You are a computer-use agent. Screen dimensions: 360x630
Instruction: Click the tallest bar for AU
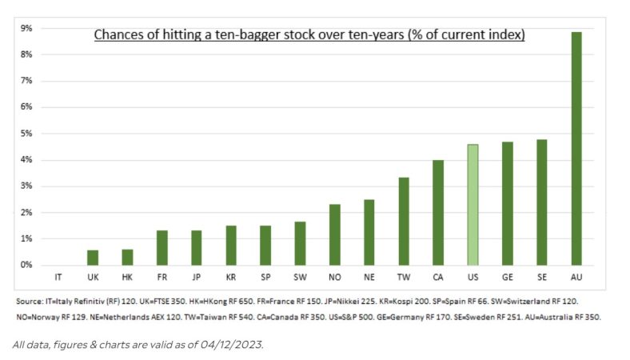576,148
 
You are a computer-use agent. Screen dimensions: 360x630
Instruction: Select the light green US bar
472,205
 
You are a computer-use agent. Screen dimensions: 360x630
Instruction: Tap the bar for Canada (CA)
438,213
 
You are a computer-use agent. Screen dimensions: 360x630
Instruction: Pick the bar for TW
404,222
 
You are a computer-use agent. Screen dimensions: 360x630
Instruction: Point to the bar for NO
335,234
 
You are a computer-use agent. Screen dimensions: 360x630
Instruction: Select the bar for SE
542,202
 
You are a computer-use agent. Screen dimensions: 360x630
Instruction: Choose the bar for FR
161,248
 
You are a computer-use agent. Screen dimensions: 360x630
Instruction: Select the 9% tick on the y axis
26,28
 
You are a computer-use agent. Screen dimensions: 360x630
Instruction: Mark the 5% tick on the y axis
26,134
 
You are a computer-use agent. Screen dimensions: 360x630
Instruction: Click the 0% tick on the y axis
26,265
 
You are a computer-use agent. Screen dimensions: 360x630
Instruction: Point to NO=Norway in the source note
40,317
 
